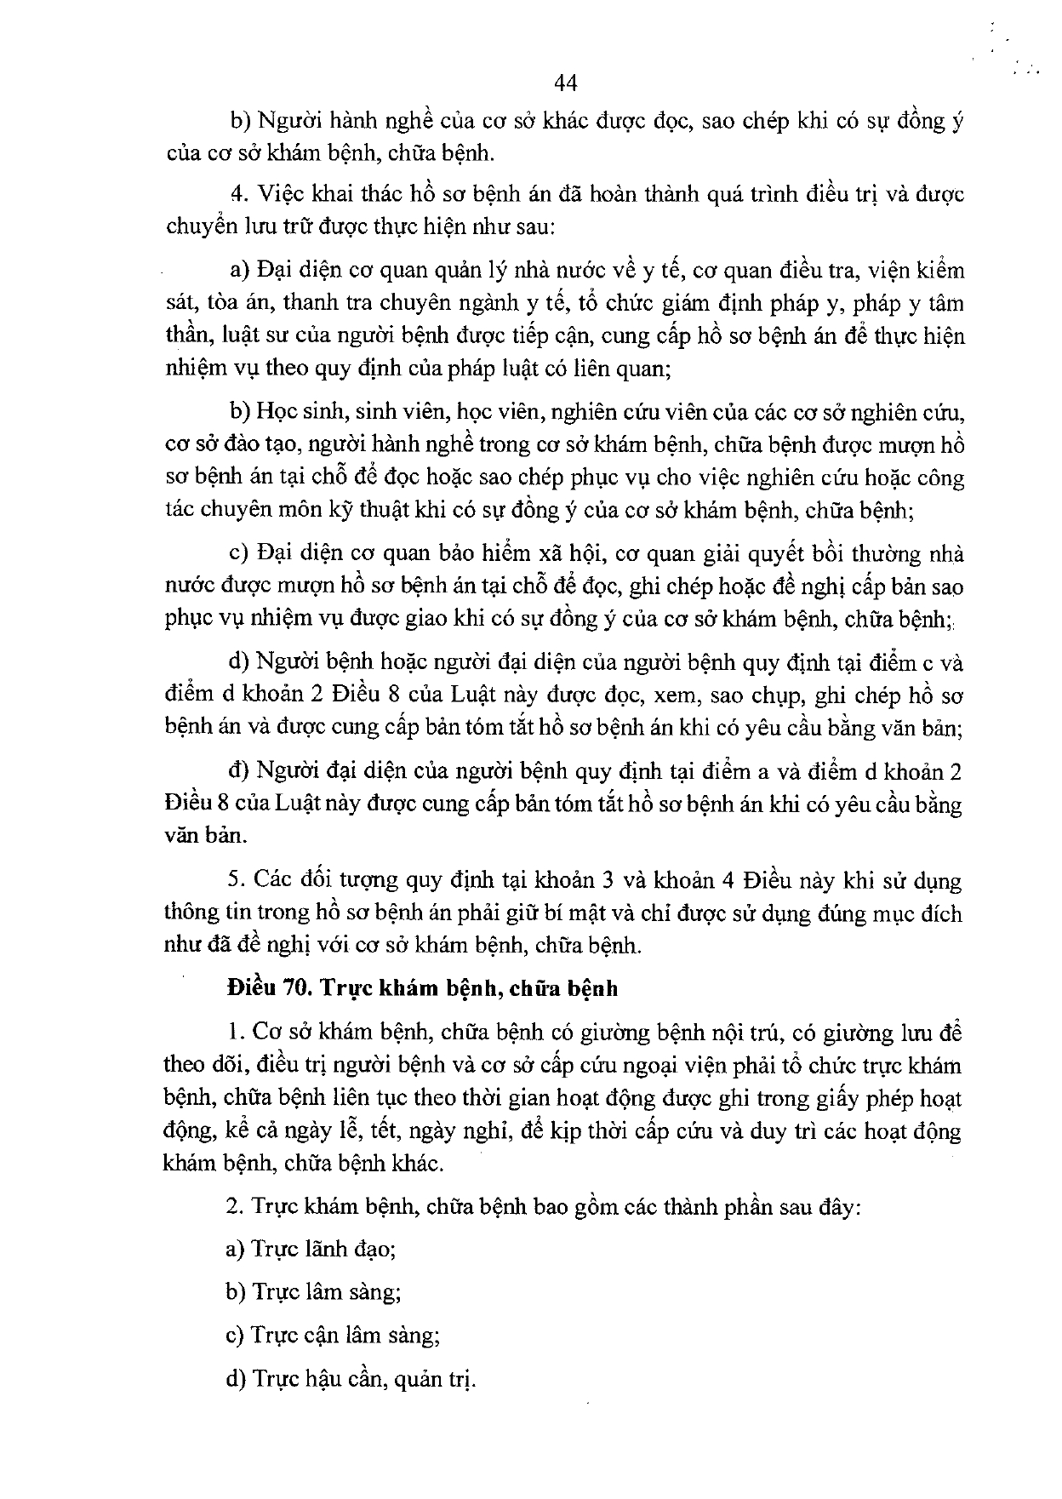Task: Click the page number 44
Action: (x=565, y=82)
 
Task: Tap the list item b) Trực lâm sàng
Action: (x=313, y=1292)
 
